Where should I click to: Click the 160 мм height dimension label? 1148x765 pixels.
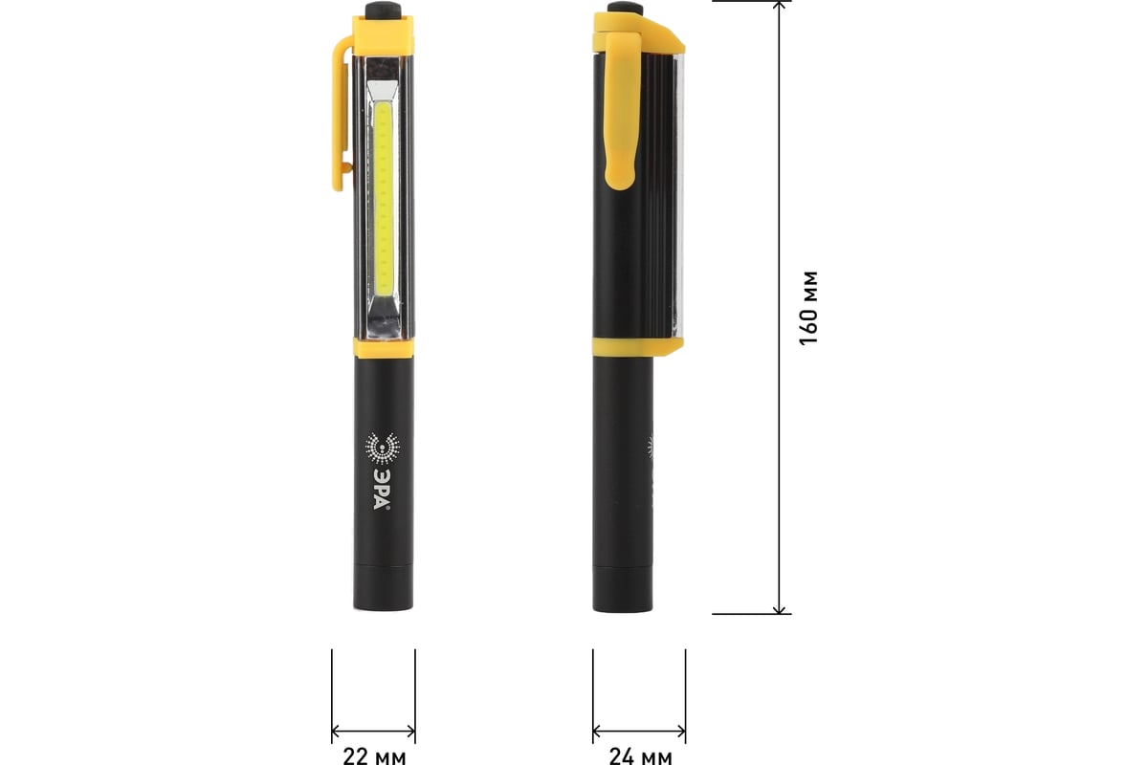point(808,308)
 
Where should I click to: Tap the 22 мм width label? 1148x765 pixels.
point(374,755)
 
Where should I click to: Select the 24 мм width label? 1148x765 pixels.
point(640,755)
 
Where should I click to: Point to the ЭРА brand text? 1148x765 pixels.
point(382,489)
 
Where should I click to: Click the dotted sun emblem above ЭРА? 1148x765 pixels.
point(383,448)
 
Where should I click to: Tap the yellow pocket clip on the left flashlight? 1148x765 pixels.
point(342,113)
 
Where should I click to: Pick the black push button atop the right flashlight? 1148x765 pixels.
point(626,8)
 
